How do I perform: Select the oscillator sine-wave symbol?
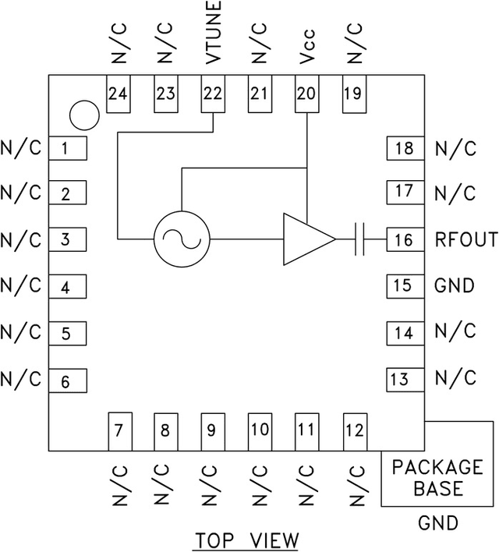pos(182,239)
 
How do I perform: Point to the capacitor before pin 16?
pos(359,239)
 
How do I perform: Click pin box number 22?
pos(213,94)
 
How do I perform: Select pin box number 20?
pos(306,94)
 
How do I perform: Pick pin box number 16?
pos(405,239)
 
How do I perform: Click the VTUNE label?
pos(213,33)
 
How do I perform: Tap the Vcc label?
pos(306,47)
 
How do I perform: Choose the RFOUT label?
pos(466,239)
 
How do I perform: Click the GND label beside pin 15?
pos(455,285)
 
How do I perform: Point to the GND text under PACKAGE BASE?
pos(438,522)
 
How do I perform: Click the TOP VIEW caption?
pos(247,540)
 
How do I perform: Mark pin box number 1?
pos(68,148)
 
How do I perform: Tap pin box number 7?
pos(120,432)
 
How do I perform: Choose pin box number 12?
pos(355,432)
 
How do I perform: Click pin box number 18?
pos(405,148)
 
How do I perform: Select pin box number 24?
pos(119,94)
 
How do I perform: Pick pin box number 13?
pos(405,380)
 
